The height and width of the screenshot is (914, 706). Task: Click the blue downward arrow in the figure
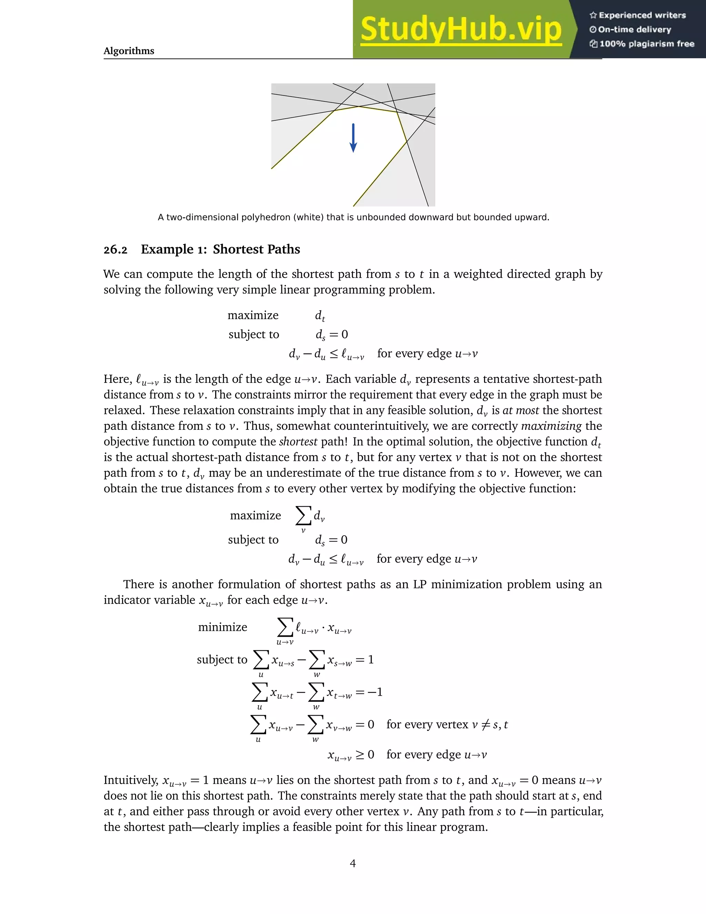[353, 138]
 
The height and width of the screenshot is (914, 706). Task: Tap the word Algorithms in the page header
[129, 51]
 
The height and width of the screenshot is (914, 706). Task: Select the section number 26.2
[115, 250]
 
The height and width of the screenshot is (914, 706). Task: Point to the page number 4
[353, 863]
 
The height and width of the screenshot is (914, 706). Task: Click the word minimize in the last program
[222, 627]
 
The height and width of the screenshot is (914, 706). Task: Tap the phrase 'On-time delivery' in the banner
[635, 30]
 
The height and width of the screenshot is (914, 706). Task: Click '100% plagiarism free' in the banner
[647, 44]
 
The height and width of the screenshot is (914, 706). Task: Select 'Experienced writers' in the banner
[642, 16]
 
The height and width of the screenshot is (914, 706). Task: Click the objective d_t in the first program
[320, 316]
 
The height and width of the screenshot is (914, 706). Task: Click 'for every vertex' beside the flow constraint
[427, 724]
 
